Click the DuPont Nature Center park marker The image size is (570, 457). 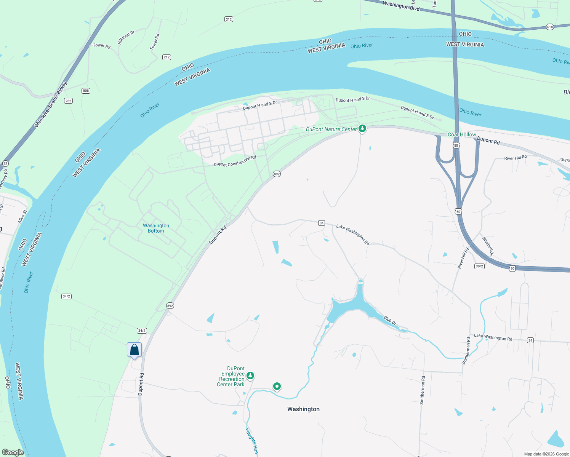(362, 129)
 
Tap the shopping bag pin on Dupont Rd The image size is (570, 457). (134, 350)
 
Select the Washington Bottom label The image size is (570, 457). (156, 228)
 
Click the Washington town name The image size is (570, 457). (303, 409)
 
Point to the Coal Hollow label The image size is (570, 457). (462, 134)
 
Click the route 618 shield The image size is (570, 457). (549, 27)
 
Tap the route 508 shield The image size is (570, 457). (86, 91)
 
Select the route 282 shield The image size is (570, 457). (68, 101)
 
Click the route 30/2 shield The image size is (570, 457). (479, 266)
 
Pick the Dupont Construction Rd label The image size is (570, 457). (235, 161)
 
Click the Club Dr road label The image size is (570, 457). (390, 320)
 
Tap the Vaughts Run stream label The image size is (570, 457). (251, 441)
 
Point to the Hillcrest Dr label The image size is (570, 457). (126, 37)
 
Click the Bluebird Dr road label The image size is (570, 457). (488, 246)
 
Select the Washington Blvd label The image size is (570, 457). (401, 5)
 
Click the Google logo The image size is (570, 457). (13, 452)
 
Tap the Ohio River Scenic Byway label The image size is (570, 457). (50, 104)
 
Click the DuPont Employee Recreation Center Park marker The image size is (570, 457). (250, 376)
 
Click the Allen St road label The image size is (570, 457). (22, 217)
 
